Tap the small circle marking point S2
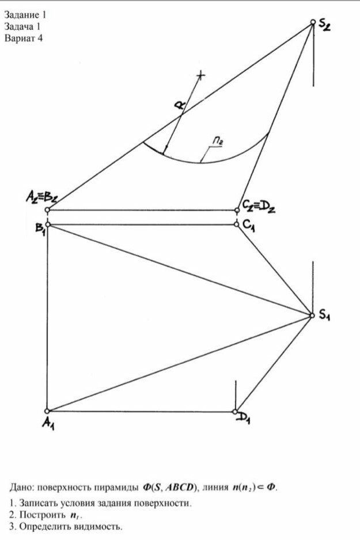(x=313, y=22)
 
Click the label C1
(x=249, y=229)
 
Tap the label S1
(x=324, y=315)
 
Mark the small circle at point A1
(x=48, y=411)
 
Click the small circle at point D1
(x=235, y=412)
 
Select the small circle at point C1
(x=237, y=224)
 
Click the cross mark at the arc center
(x=200, y=75)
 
